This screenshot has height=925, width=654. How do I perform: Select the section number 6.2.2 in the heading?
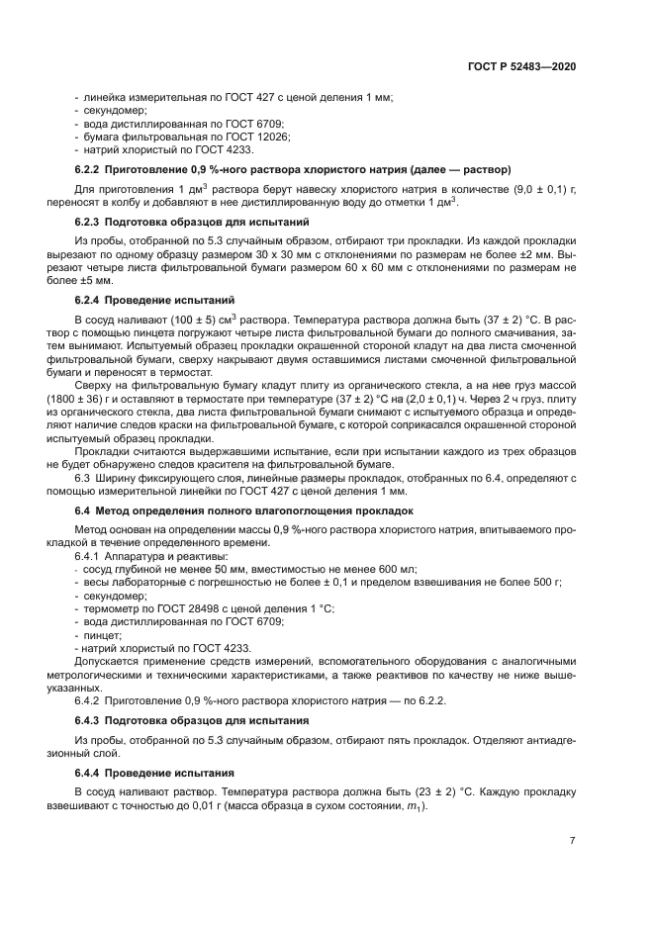click(x=91, y=169)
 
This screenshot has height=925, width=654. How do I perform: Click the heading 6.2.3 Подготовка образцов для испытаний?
click(x=193, y=222)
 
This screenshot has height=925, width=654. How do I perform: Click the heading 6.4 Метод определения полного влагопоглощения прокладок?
click(x=244, y=510)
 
